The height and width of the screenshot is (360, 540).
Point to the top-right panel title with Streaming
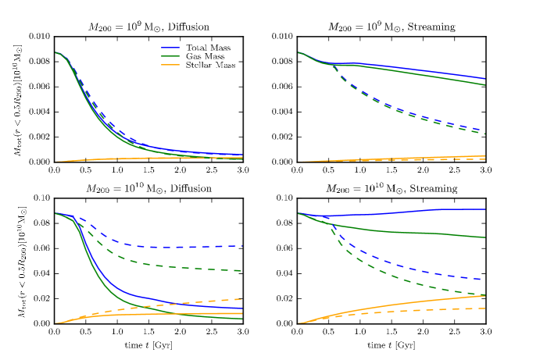coord(390,26)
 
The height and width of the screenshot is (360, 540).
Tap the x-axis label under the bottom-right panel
coord(390,344)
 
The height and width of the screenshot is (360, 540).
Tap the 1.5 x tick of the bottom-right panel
coord(391,331)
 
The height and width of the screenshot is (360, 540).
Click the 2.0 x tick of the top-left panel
coord(181,169)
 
